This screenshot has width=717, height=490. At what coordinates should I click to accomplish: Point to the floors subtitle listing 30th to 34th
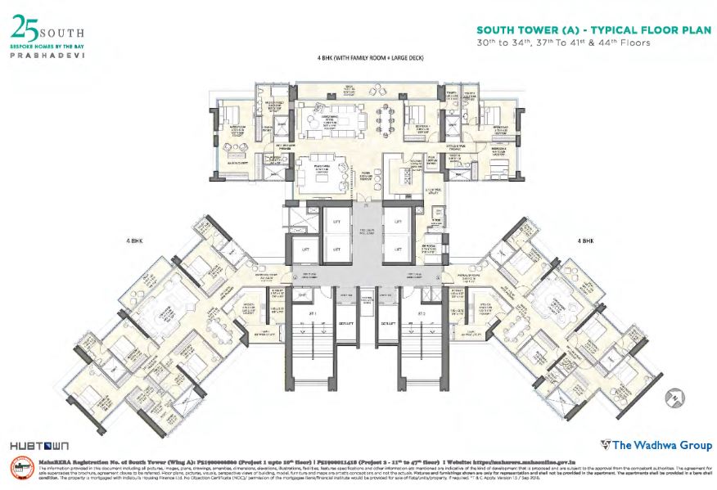tap(564, 43)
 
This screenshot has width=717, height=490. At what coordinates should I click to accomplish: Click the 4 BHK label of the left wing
tap(134, 241)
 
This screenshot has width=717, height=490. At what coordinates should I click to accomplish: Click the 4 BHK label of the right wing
tap(587, 241)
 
